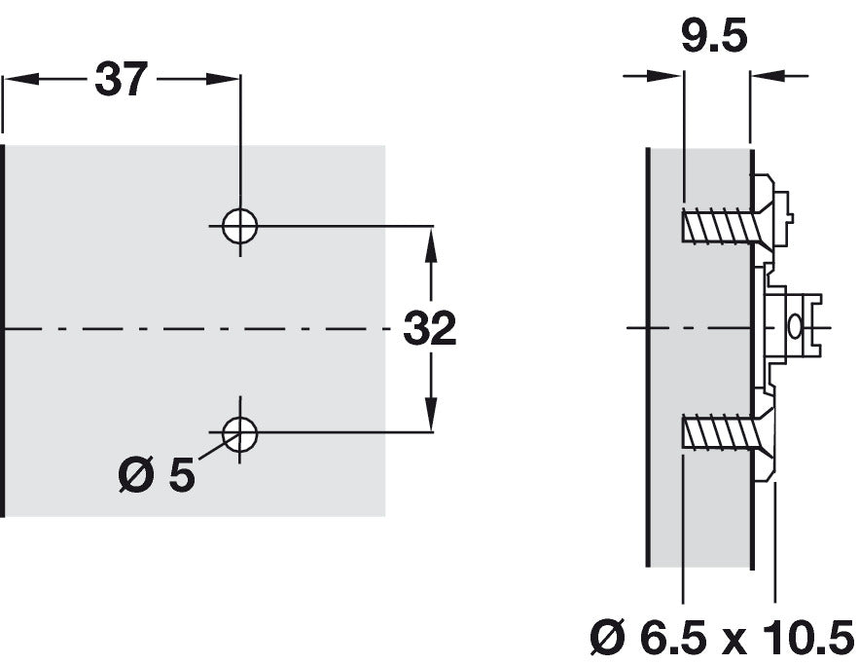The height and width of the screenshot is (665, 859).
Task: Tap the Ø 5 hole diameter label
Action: click(157, 475)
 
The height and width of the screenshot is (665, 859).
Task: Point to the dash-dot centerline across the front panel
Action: click(195, 329)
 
